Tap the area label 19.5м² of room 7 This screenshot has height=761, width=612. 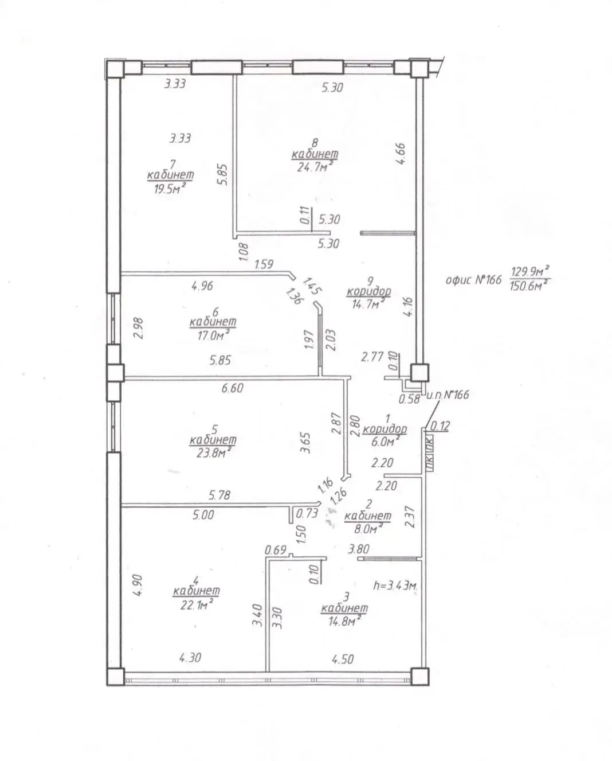click(x=169, y=189)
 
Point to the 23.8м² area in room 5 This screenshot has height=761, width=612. click(x=213, y=452)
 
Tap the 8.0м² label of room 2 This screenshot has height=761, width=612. click(x=367, y=528)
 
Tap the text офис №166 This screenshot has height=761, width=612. click(x=473, y=280)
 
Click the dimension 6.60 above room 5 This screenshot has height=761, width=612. click(x=232, y=388)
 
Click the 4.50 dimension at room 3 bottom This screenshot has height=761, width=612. click(x=342, y=659)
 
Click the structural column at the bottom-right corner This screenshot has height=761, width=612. click(x=420, y=677)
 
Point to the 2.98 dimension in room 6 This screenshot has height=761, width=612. click(x=138, y=329)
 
